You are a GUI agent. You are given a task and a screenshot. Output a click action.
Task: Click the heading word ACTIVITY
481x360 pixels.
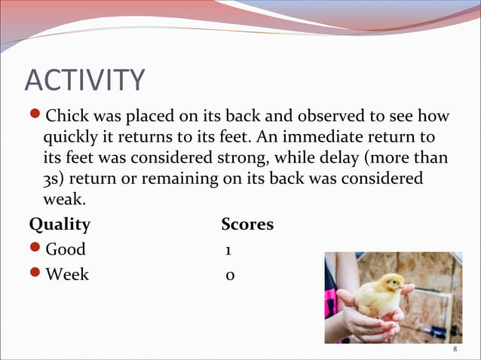[84, 81]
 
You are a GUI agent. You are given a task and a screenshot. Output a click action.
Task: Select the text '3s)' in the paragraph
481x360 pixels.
[54, 181]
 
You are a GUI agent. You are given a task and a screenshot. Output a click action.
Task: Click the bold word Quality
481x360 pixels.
[60, 225]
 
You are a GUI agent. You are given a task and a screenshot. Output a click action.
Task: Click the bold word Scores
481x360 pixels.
[247, 225]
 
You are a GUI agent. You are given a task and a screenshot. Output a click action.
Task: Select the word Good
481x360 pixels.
[66, 249]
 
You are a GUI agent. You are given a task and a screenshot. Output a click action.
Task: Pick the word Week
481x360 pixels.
[67, 274]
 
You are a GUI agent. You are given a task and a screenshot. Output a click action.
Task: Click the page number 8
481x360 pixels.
[455, 350]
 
